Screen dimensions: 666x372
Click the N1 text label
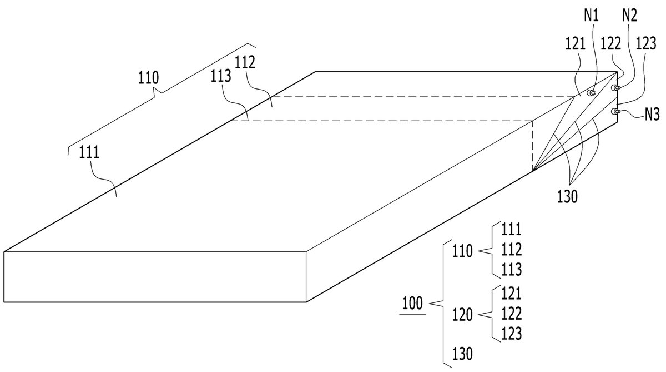click(x=591, y=16)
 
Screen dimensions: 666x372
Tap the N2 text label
click(x=629, y=16)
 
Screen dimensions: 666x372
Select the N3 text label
click(x=652, y=115)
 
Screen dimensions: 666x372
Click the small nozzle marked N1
click(x=591, y=93)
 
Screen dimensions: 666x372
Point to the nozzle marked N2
click(x=615, y=87)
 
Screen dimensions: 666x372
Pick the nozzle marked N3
click(x=615, y=112)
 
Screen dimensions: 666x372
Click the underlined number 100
click(x=412, y=304)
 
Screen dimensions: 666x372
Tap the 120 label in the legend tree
click(x=462, y=315)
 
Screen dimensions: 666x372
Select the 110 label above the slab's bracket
click(x=148, y=77)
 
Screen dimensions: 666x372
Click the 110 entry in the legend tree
click(x=462, y=251)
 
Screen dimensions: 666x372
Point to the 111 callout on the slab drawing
click(x=89, y=152)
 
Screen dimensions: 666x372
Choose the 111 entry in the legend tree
click(x=511, y=229)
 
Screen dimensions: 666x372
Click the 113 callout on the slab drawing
click(x=221, y=76)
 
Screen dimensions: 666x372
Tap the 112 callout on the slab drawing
click(x=245, y=62)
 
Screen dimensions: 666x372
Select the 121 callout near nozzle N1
click(x=576, y=44)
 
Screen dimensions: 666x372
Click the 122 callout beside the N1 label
click(x=611, y=44)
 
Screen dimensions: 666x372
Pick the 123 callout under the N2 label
click(x=646, y=44)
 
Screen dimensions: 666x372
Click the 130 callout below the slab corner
click(x=567, y=197)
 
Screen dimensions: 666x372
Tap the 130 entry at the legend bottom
click(x=462, y=354)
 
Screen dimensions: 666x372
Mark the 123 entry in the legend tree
click(x=511, y=334)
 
